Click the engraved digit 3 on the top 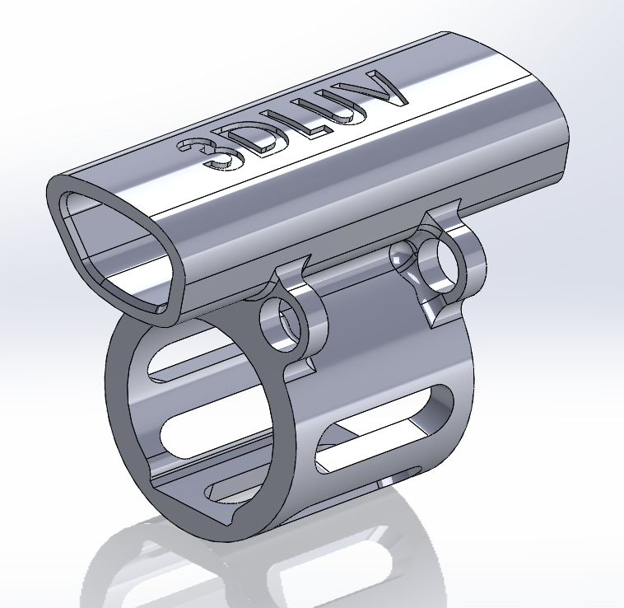click(205, 155)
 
